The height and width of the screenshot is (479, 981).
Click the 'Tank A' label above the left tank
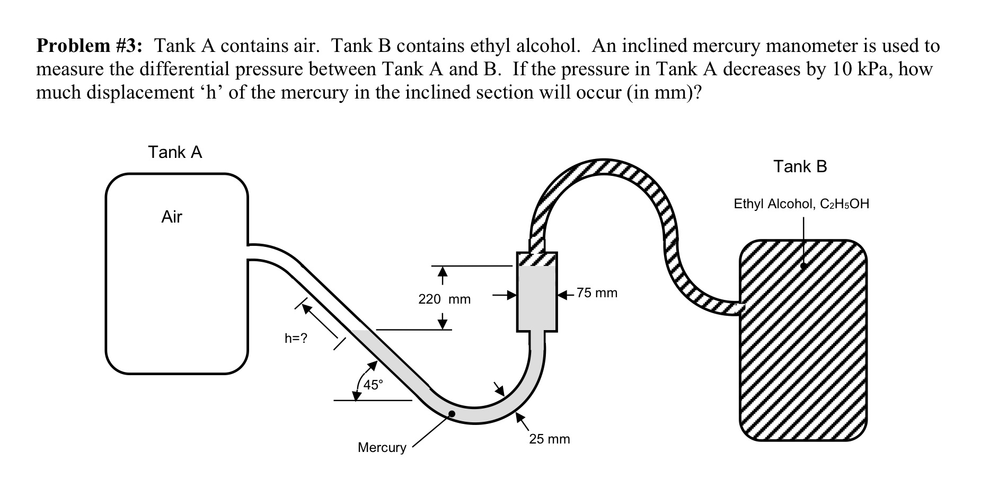pyautogui.click(x=175, y=153)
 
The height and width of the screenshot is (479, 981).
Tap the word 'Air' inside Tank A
pyautogui.click(x=172, y=217)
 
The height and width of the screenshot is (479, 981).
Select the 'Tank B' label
pyautogui.click(x=800, y=167)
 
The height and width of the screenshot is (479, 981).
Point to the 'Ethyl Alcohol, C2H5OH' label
pyautogui.click(x=801, y=204)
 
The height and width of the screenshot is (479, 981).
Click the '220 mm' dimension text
pyautogui.click(x=444, y=299)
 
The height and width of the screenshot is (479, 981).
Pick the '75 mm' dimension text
pyautogui.click(x=597, y=293)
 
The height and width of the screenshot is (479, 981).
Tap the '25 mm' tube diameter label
pyautogui.click(x=550, y=439)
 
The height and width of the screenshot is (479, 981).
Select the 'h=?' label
pyautogui.click(x=296, y=339)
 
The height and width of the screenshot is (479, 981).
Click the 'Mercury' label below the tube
pyautogui.click(x=382, y=448)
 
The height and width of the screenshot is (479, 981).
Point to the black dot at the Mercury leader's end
pyautogui.click(x=451, y=414)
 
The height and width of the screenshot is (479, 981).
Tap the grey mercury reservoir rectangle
pyautogui.click(x=537, y=299)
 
